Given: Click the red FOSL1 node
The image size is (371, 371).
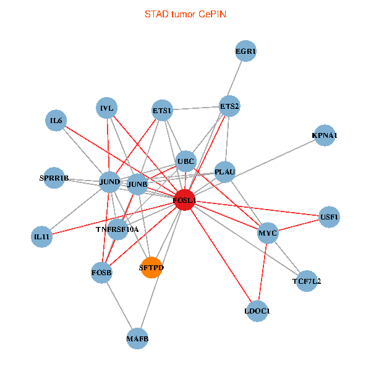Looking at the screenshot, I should (185, 200).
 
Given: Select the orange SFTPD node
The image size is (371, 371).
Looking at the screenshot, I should (151, 268).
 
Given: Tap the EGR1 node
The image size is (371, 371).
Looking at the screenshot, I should (246, 51).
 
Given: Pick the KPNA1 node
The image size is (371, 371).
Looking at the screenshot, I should (325, 135).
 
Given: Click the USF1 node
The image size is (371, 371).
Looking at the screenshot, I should (330, 217).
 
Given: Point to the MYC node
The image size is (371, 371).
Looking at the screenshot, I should (268, 234).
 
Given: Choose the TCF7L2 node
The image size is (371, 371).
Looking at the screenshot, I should (307, 281).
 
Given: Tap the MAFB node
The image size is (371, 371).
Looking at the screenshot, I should (137, 338).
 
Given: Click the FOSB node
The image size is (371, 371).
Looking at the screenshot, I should (101, 272).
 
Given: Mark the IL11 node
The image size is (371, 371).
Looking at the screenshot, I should (41, 237).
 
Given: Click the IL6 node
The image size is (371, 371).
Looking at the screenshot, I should (56, 121).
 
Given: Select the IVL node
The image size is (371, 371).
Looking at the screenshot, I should (107, 109).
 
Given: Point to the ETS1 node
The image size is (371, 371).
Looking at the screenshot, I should (162, 111).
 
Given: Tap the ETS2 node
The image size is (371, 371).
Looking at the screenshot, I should (229, 106).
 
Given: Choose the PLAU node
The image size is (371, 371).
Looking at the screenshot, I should (225, 171).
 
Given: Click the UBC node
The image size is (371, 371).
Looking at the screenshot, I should (185, 162).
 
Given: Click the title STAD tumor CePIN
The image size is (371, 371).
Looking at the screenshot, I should (185, 14).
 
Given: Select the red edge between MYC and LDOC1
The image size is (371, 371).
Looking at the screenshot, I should (263, 272).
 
